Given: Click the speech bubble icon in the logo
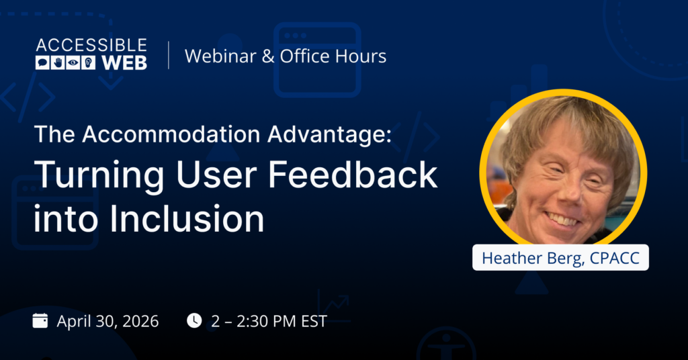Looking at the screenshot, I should pyautogui.click(x=42, y=63).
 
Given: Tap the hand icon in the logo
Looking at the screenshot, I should pyautogui.click(x=58, y=63).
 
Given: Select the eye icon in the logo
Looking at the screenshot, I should pyautogui.click(x=73, y=63).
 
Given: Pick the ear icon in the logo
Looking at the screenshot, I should pyautogui.click(x=89, y=63).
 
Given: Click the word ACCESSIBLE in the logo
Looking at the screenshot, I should pyautogui.click(x=91, y=46).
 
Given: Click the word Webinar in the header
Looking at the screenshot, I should pyautogui.click(x=220, y=56).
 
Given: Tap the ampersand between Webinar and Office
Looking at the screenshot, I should pyautogui.click(x=267, y=56).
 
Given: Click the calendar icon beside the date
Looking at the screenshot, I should pyautogui.click(x=40, y=320).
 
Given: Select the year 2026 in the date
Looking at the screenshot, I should pyautogui.click(x=140, y=321).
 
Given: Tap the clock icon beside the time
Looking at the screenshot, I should pyautogui.click(x=194, y=320).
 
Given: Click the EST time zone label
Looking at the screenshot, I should pyautogui.click(x=312, y=321).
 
